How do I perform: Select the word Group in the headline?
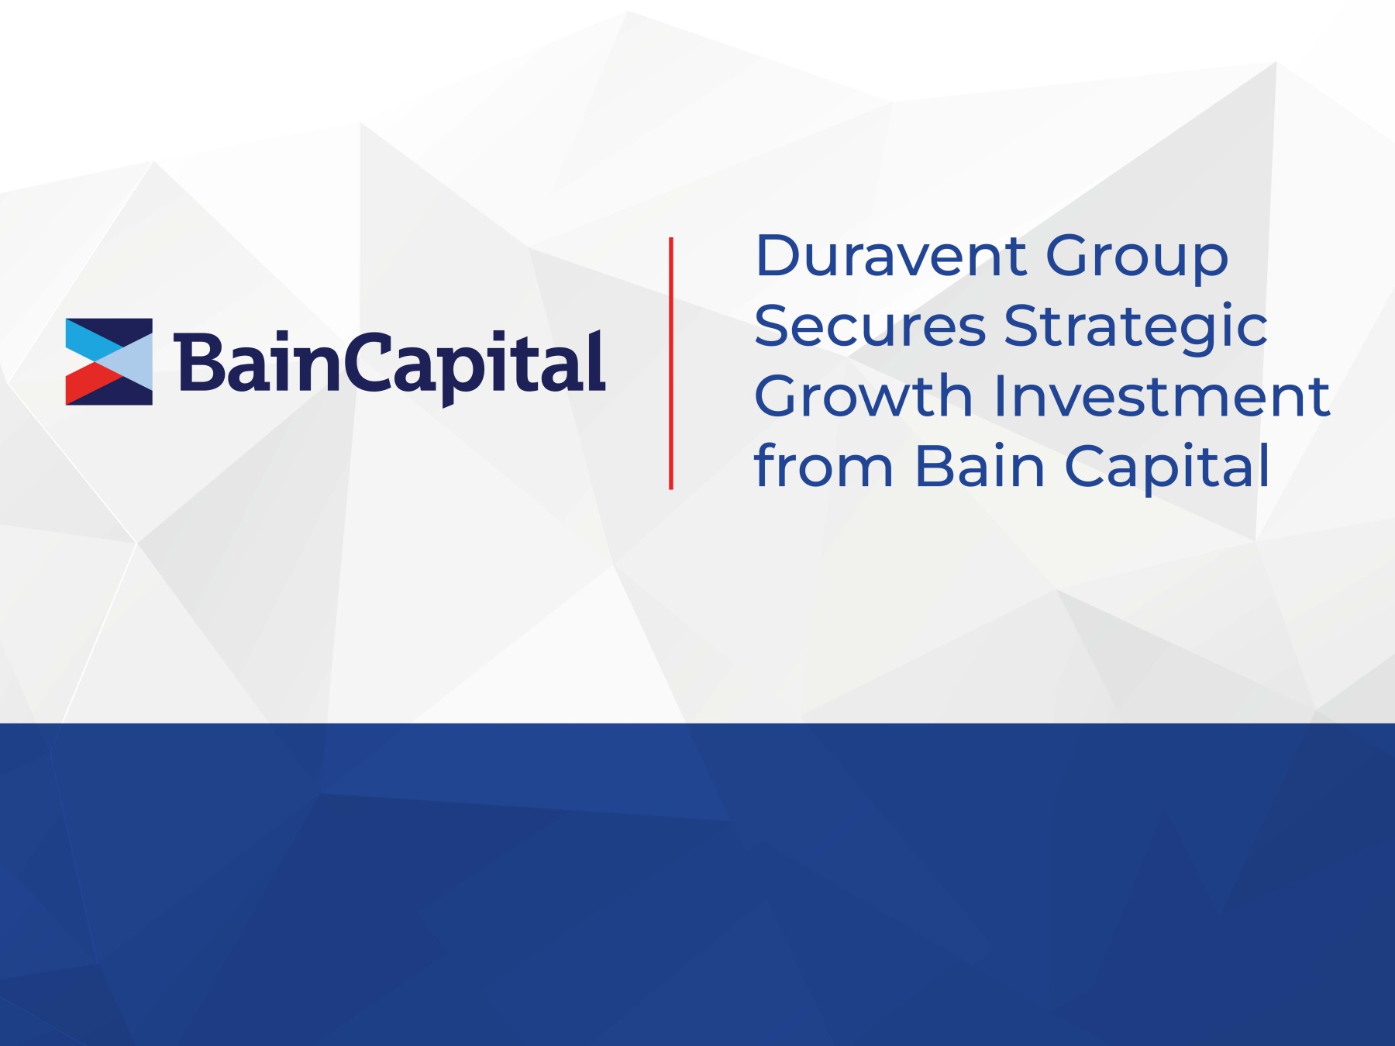[x=1137, y=257]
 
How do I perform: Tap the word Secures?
[x=870, y=326]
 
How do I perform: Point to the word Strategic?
[x=1135, y=328]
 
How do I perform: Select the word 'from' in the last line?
[x=824, y=466]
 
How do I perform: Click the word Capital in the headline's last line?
[x=1167, y=468]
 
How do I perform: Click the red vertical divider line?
[x=671, y=363]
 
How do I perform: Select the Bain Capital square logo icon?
[x=109, y=361]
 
